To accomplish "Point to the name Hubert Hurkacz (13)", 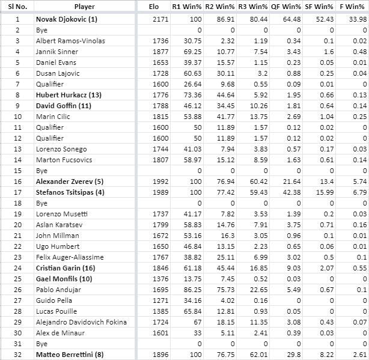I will [62, 94].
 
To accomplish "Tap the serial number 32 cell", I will [17, 354].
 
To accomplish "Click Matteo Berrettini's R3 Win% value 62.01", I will [257, 354].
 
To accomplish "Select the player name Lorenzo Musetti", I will [58, 213].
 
